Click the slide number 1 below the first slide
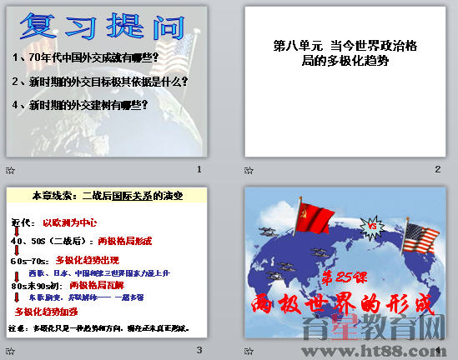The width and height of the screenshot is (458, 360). (x=199, y=169)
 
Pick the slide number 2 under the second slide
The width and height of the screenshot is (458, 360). (x=437, y=169)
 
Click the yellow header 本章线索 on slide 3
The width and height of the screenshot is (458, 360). (x=108, y=196)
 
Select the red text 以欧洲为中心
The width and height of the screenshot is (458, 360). (x=70, y=223)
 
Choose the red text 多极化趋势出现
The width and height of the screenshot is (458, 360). (x=88, y=260)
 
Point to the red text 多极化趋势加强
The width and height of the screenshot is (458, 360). (x=47, y=312)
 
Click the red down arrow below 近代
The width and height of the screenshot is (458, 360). (x=16, y=232)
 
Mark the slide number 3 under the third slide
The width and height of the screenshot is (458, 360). (x=199, y=350)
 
